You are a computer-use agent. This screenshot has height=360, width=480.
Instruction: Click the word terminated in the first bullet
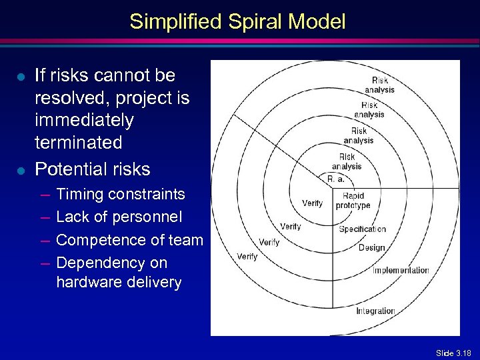tap(79, 143)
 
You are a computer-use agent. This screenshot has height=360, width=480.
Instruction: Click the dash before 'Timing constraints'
tap(44, 195)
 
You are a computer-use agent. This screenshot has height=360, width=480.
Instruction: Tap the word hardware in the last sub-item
tap(86, 282)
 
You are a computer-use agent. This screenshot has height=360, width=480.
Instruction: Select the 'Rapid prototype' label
tap(353, 201)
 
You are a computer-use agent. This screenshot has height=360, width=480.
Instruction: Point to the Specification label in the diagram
tap(362, 229)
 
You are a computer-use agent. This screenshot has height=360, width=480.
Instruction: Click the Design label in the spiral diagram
tap(371, 247)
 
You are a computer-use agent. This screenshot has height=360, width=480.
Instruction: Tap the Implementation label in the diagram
tap(400, 270)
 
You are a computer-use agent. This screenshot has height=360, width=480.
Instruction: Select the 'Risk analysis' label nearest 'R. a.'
tap(347, 161)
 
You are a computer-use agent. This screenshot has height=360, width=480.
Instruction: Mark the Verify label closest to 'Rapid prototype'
tap(312, 203)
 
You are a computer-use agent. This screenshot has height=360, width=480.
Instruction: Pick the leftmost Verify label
tap(247, 256)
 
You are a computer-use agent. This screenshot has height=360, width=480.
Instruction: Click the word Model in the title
tap(319, 22)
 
